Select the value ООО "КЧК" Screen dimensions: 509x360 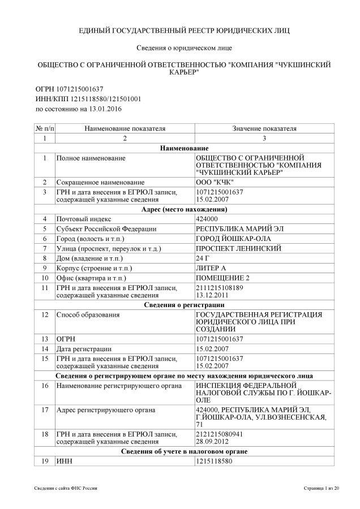tap(211, 182)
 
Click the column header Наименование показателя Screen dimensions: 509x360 tap(125, 128)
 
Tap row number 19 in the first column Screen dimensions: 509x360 tap(44, 461)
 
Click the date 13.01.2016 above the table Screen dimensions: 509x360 tap(105, 108)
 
